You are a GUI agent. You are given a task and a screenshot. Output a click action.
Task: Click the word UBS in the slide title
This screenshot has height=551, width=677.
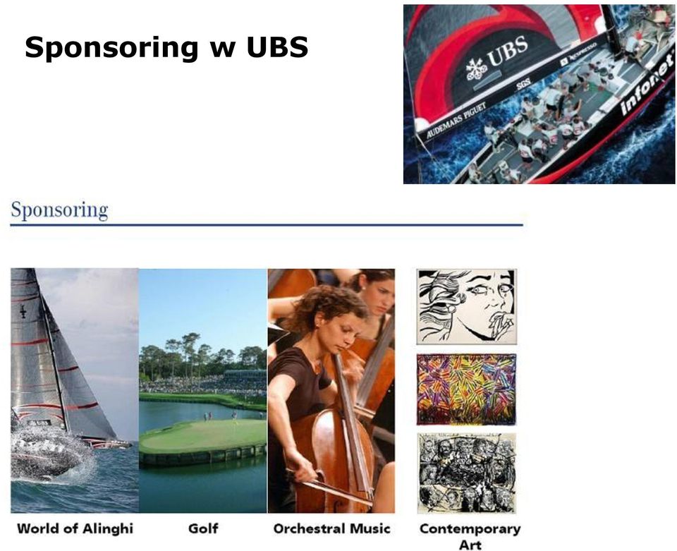pos(277,47)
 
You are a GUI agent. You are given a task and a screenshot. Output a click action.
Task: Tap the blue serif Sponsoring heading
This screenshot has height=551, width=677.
pos(59,211)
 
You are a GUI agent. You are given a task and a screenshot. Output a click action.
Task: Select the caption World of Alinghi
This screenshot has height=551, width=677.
pos(75,528)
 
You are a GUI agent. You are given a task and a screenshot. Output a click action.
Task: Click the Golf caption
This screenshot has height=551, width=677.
pos(203,528)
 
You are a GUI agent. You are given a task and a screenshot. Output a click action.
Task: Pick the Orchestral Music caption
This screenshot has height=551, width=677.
pos(331,528)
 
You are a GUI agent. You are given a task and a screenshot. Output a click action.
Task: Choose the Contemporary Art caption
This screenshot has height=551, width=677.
pos(470,536)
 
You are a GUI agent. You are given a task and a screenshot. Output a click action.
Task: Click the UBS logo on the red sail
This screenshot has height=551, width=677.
pos(496,59)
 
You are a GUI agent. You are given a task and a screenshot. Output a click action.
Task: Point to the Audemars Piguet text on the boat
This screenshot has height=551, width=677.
pos(456,120)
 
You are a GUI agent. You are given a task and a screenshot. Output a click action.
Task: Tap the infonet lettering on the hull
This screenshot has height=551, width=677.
pos(647,83)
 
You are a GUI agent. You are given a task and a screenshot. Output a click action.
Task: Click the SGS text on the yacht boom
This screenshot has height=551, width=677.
pos(523,84)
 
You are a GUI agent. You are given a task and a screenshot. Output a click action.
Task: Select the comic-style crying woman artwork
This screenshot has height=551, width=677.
pos(466,307)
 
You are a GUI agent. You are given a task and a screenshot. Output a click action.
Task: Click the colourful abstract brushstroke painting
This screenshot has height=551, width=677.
pos(466,389)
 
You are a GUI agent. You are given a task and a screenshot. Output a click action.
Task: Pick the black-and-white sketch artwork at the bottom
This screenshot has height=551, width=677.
pos(466,473)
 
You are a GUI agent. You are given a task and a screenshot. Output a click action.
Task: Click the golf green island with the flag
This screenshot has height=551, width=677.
pos(203,436)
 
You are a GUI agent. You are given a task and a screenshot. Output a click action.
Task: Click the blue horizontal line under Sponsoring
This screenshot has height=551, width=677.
pos(267,225)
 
